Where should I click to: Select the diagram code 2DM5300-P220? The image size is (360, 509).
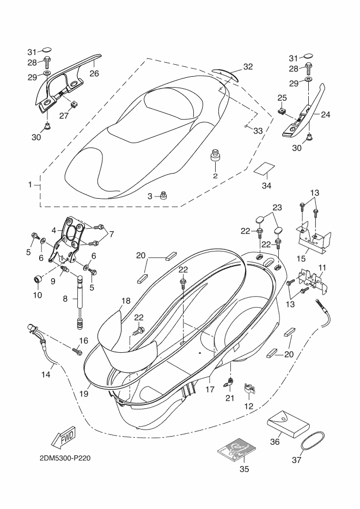pos(65,458)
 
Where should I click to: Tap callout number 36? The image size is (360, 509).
pos(276,443)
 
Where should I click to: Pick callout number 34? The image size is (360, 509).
pos(266,186)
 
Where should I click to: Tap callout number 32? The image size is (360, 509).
pos(248,66)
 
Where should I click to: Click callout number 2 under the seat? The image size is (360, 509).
pos(215,176)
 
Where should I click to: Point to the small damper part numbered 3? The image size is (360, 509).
pos(162,195)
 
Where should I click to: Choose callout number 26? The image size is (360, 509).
pos(94,74)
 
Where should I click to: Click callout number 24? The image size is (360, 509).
pos(325,115)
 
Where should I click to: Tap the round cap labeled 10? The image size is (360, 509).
pos(37,280)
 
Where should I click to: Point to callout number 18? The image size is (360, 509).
pos(126,301)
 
